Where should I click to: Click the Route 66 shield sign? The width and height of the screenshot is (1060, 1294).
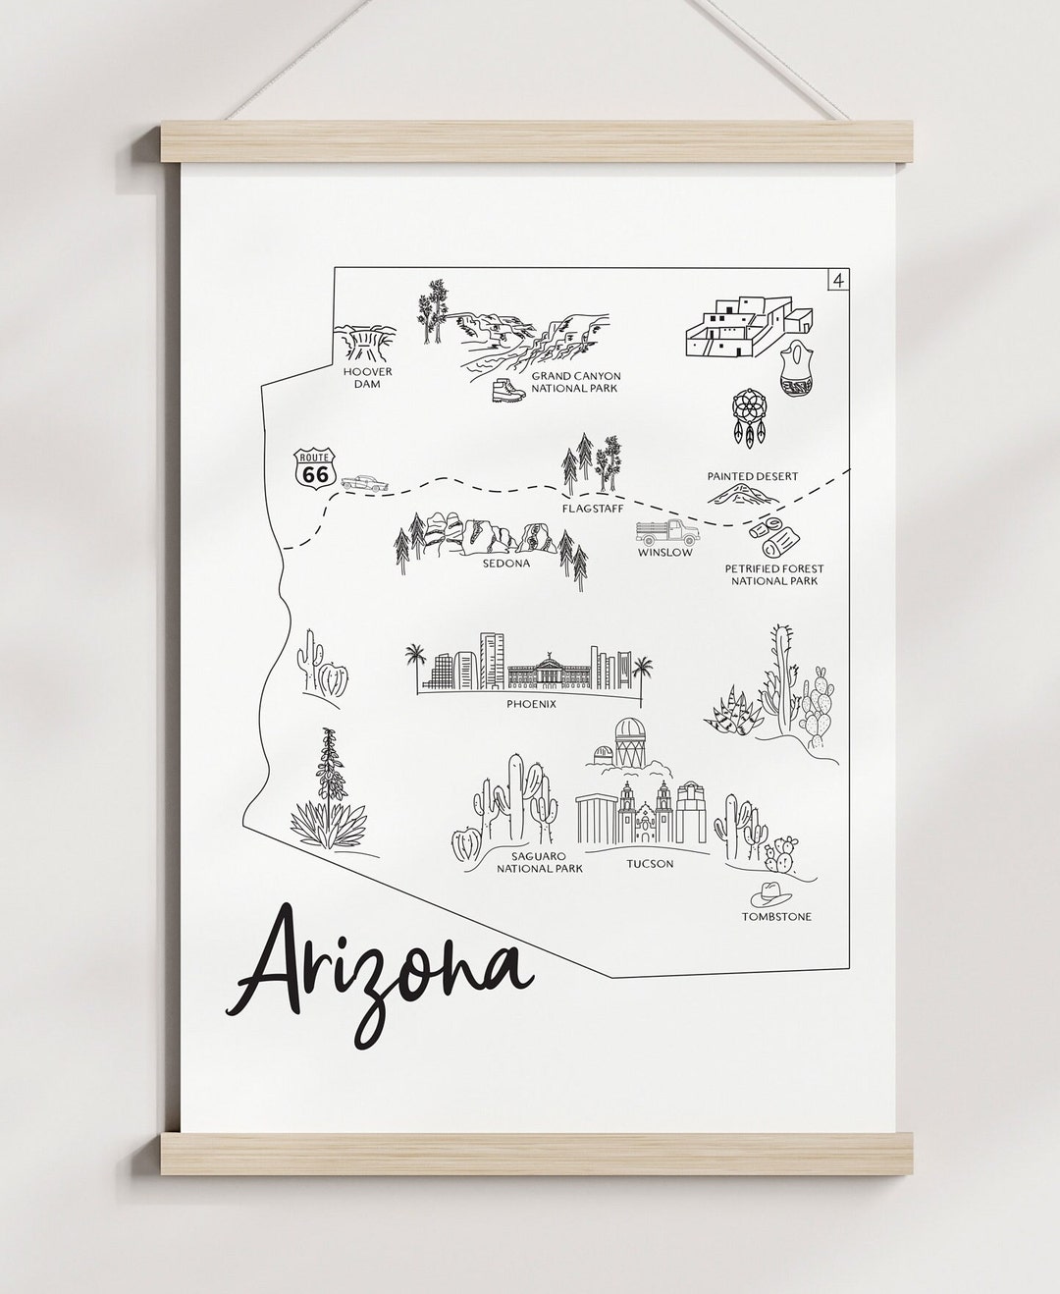coord(315,467)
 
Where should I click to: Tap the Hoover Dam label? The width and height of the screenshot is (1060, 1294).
coord(368,378)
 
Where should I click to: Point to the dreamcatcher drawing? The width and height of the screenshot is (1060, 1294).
coord(752,417)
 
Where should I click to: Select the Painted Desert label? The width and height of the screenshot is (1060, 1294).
coord(753,476)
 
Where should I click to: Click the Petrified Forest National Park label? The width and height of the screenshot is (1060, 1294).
coord(774,574)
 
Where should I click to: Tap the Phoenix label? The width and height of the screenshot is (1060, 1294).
coord(532,703)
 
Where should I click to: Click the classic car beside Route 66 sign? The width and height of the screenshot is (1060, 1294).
coord(364,482)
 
